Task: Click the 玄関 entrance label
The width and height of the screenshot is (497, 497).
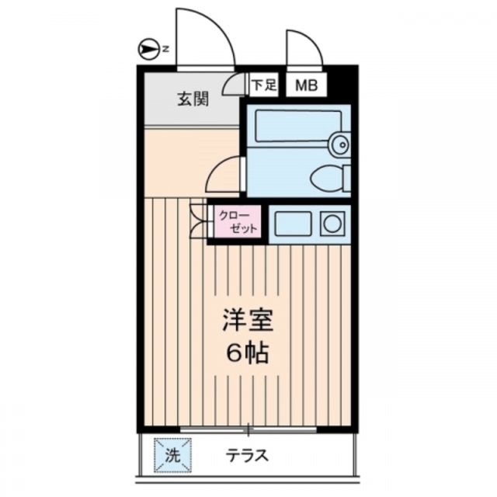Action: [191, 99]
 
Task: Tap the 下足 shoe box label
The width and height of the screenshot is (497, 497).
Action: [264, 85]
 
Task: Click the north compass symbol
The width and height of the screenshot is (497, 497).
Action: [148, 50]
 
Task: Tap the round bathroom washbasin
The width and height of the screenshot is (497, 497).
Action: [339, 142]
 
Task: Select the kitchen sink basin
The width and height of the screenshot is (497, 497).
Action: [290, 224]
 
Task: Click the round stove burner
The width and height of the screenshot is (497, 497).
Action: [333, 224]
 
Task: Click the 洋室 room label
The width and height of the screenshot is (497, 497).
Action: [248, 320]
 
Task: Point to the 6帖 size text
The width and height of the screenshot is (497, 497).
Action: [248, 353]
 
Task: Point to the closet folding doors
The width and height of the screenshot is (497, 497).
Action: [199, 222]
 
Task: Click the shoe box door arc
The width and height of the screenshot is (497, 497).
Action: [235, 82]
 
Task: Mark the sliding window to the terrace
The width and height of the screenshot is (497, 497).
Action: [248, 429]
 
